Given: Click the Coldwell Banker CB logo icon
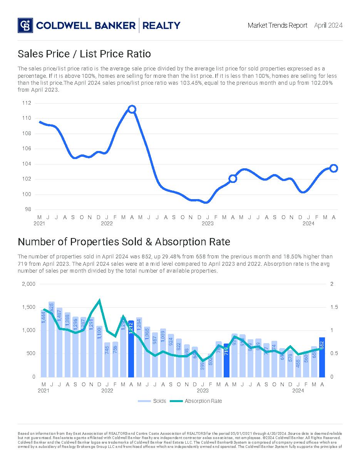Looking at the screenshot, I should click(x=25, y=25).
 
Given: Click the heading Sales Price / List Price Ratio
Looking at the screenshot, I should click(x=84, y=54).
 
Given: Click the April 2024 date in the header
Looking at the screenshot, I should click(x=328, y=25).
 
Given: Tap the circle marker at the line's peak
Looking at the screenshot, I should click(x=132, y=109).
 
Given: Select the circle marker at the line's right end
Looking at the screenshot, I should click(x=334, y=168).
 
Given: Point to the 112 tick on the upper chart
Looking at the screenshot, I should click(x=27, y=103).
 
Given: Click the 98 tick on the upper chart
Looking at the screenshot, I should click(x=28, y=210).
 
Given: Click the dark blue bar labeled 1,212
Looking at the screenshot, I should click(x=131, y=349).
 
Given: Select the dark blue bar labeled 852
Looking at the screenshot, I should click(x=322, y=357).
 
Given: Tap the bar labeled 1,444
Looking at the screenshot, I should click(x=44, y=343).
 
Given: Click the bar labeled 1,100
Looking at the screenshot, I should click(x=99, y=351).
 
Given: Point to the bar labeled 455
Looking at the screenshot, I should click(x=298, y=366).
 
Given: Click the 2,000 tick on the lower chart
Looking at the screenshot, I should click(x=29, y=284).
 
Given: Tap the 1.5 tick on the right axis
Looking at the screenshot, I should click(x=334, y=307).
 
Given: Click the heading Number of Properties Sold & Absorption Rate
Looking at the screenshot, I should click(x=124, y=242).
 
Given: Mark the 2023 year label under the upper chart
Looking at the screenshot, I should click(x=208, y=223).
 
